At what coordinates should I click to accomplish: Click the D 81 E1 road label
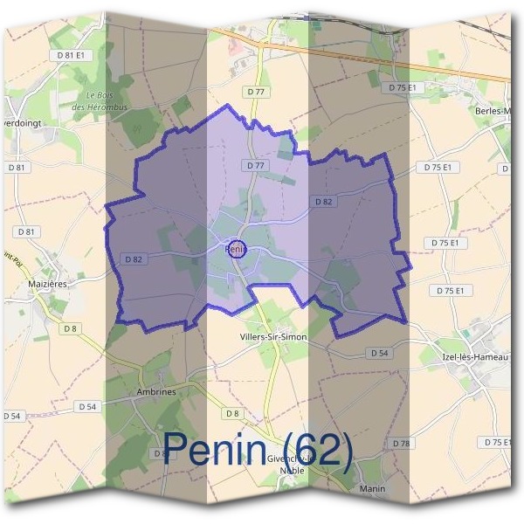click(x=72, y=54)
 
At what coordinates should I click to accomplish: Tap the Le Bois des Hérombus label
click(x=107, y=100)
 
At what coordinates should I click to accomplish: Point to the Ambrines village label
click(x=156, y=392)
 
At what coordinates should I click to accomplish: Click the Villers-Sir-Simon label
click(x=272, y=335)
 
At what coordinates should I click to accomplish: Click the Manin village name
click(x=372, y=488)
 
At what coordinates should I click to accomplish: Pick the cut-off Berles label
click(x=493, y=111)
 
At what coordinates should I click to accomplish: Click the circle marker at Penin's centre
click(x=236, y=248)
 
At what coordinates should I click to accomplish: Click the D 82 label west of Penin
click(x=134, y=259)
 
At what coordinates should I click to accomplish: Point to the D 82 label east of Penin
click(x=323, y=202)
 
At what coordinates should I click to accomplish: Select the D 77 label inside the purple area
click(x=255, y=165)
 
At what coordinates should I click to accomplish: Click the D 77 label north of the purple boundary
click(x=256, y=90)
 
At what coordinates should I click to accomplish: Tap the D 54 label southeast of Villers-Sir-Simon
click(x=378, y=353)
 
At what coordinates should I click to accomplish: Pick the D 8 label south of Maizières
click(x=69, y=328)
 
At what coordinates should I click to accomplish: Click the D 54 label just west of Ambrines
click(x=86, y=406)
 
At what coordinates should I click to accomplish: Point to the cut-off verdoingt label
click(x=18, y=122)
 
